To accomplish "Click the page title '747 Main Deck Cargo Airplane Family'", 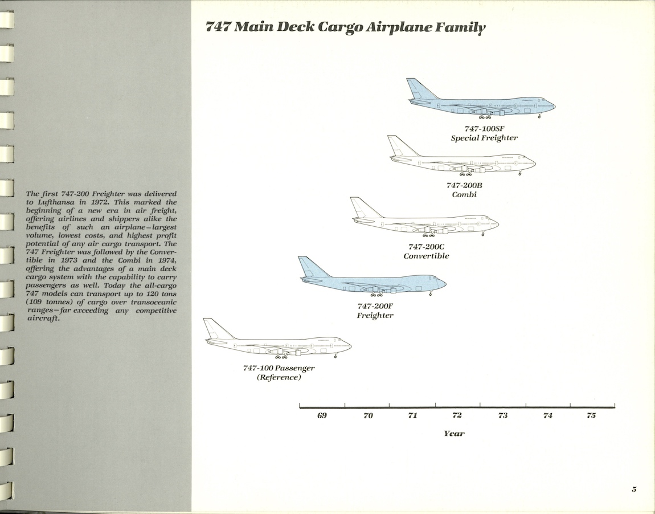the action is click(346, 27).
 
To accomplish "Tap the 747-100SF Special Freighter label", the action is click(484, 133).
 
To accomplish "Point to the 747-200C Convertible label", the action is click(426, 251).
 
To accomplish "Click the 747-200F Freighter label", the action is click(375, 311).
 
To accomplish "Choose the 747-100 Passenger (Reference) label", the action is click(279, 373).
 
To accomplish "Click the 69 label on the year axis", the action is click(322, 415).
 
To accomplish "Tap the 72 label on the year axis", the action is click(457, 415).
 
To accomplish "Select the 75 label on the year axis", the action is click(591, 415).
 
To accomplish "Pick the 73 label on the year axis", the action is click(502, 415).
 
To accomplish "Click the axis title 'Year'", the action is click(454, 434).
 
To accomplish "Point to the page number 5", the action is click(633, 489).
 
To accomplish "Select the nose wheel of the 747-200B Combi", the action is click(519, 173).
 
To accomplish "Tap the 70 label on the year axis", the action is click(368, 415).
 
